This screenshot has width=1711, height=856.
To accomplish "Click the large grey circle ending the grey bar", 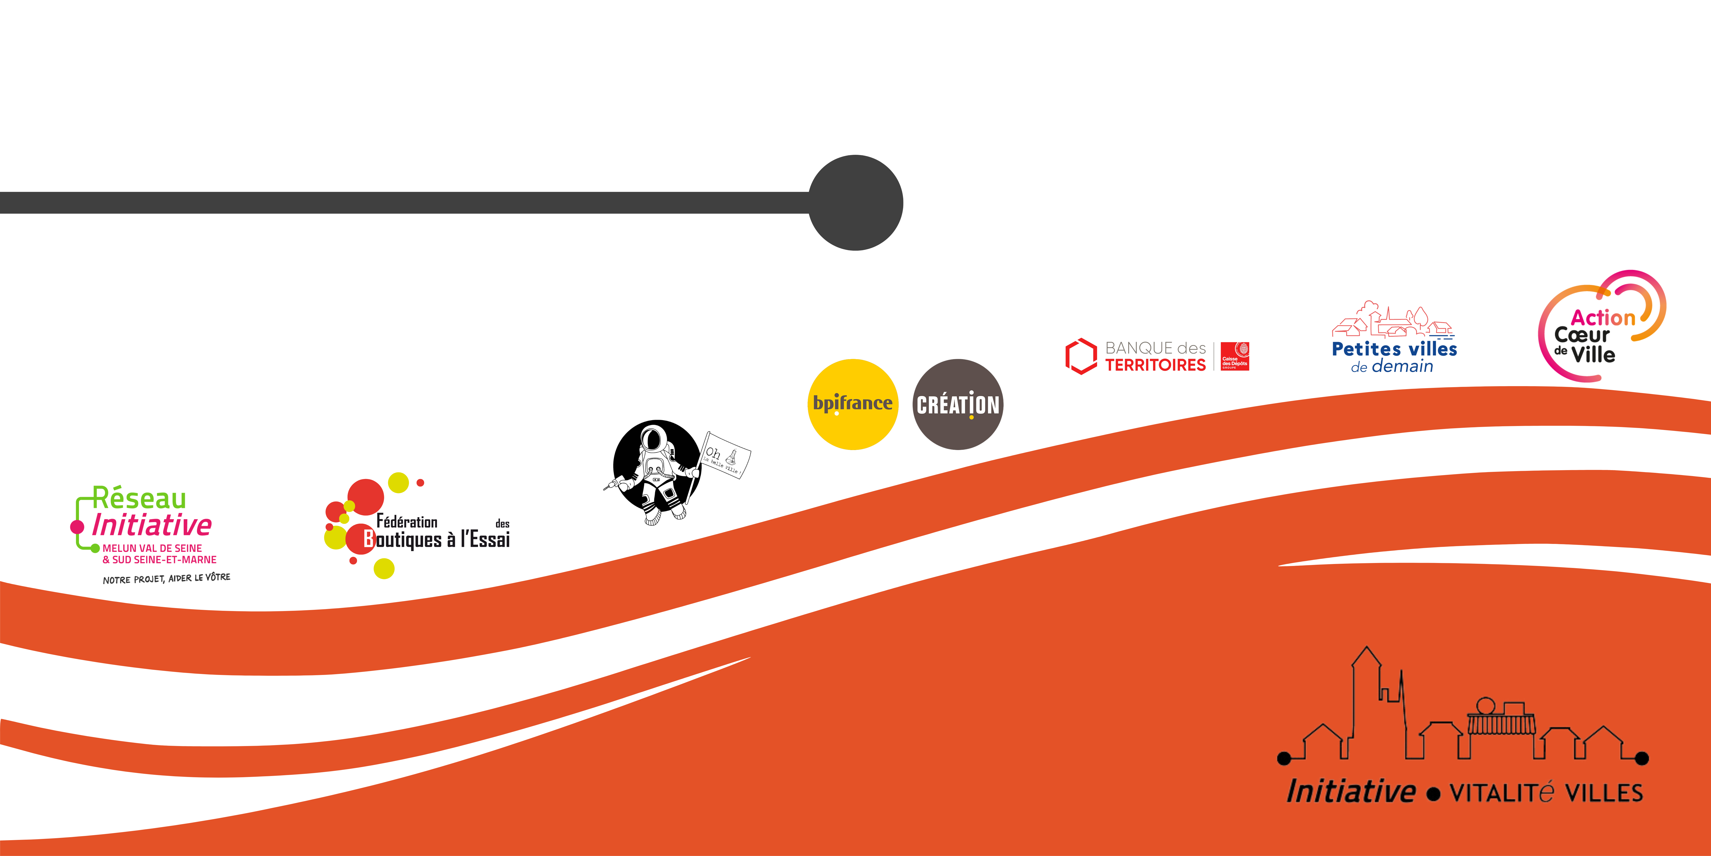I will point(855,203).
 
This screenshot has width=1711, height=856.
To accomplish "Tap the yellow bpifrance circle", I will point(853,404).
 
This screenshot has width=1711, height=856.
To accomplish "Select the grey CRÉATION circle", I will point(958,404).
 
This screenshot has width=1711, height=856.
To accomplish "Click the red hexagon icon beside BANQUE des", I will point(1081,356).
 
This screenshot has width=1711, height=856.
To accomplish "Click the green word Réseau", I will point(139,498).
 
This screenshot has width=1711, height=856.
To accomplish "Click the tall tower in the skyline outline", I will point(1366,698).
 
